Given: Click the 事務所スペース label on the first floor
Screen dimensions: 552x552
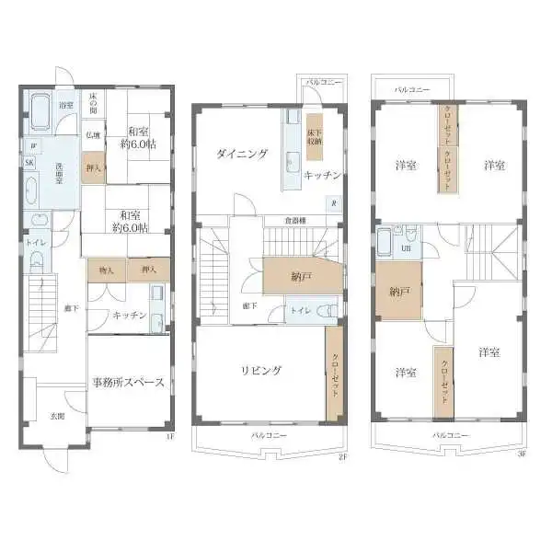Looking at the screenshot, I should [x=128, y=383].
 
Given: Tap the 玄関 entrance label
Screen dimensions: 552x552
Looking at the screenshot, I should [x=57, y=416].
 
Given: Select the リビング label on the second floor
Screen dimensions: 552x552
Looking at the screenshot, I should [x=261, y=371].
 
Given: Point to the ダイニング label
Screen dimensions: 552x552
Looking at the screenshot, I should [x=242, y=154].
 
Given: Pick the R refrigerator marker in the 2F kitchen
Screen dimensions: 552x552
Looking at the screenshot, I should [x=333, y=203].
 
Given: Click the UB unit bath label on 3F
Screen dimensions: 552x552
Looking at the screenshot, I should [x=406, y=248].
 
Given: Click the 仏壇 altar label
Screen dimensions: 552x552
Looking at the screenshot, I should [x=93, y=135].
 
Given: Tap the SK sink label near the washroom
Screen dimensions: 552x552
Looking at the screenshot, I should [x=29, y=162].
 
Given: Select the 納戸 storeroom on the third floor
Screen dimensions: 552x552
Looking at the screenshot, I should [x=398, y=292].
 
